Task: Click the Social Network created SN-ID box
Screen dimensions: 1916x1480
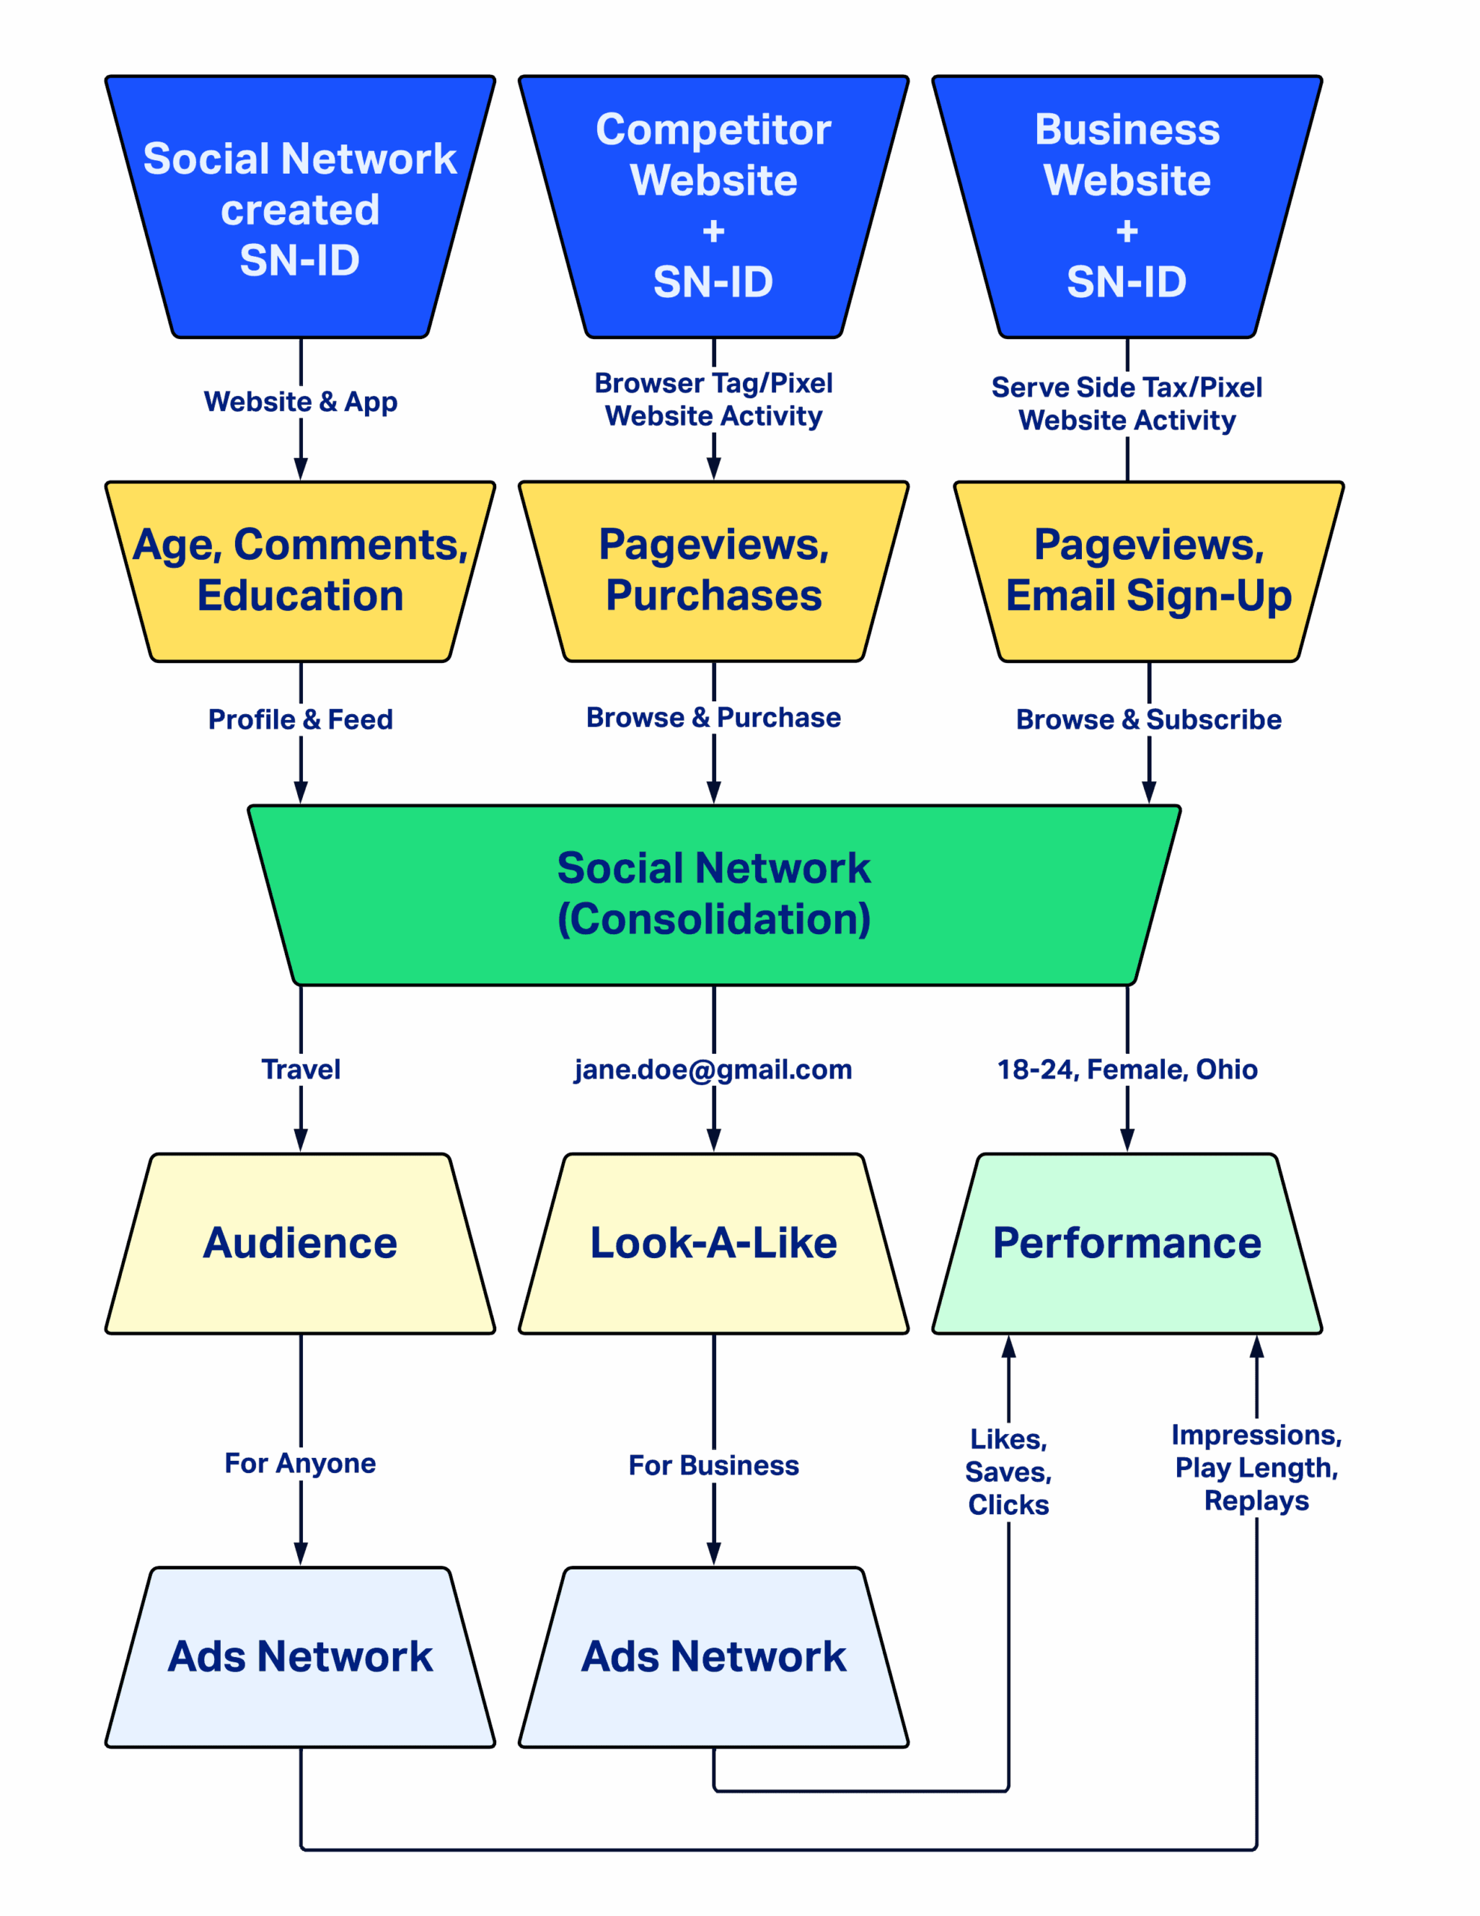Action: (x=300, y=208)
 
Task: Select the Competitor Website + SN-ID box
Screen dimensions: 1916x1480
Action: (x=713, y=208)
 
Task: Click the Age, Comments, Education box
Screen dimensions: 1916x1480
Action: (x=300, y=571)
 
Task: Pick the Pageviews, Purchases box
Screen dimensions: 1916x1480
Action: (x=713, y=571)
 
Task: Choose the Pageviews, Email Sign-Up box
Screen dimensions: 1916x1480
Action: (x=1149, y=571)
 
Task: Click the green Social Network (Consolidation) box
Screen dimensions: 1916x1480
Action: (x=714, y=894)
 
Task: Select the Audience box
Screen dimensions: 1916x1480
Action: (x=300, y=1243)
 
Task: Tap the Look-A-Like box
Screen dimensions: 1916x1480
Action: (x=713, y=1243)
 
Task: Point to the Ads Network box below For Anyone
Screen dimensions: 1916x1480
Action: (x=300, y=1657)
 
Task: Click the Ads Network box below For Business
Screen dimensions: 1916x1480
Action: (x=713, y=1657)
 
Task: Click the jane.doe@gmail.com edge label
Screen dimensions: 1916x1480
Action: (x=713, y=1070)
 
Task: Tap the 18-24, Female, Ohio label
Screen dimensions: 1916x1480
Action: (x=1128, y=1070)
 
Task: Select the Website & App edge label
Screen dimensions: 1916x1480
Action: (x=301, y=402)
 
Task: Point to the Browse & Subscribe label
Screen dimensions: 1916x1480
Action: (x=1149, y=719)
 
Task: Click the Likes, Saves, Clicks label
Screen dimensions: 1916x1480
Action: (x=1008, y=1472)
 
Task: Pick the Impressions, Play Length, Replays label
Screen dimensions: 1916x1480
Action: (x=1256, y=1468)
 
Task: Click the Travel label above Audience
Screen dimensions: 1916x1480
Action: (x=301, y=1070)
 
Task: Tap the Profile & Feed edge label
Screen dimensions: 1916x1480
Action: (x=301, y=719)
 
